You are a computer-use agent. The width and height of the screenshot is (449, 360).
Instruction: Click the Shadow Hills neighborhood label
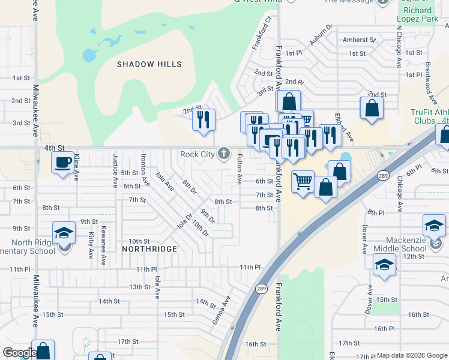149,64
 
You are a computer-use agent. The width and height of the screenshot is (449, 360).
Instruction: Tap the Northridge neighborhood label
149,248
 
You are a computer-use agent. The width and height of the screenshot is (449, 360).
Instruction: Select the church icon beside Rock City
224,154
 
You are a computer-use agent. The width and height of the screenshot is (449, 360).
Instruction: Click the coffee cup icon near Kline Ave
62,162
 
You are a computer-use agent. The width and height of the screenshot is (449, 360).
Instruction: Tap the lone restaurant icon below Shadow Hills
204,119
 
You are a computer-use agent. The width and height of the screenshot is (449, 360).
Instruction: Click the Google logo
19,353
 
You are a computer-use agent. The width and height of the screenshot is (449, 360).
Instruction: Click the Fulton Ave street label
239,169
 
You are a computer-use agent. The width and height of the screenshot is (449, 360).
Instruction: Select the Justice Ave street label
115,169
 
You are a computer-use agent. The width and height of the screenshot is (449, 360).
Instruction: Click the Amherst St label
359,40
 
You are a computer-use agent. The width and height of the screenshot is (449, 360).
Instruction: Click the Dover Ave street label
364,239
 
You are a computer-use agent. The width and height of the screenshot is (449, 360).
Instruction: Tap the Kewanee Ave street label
103,251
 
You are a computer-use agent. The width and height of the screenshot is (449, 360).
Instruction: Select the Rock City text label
197,154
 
